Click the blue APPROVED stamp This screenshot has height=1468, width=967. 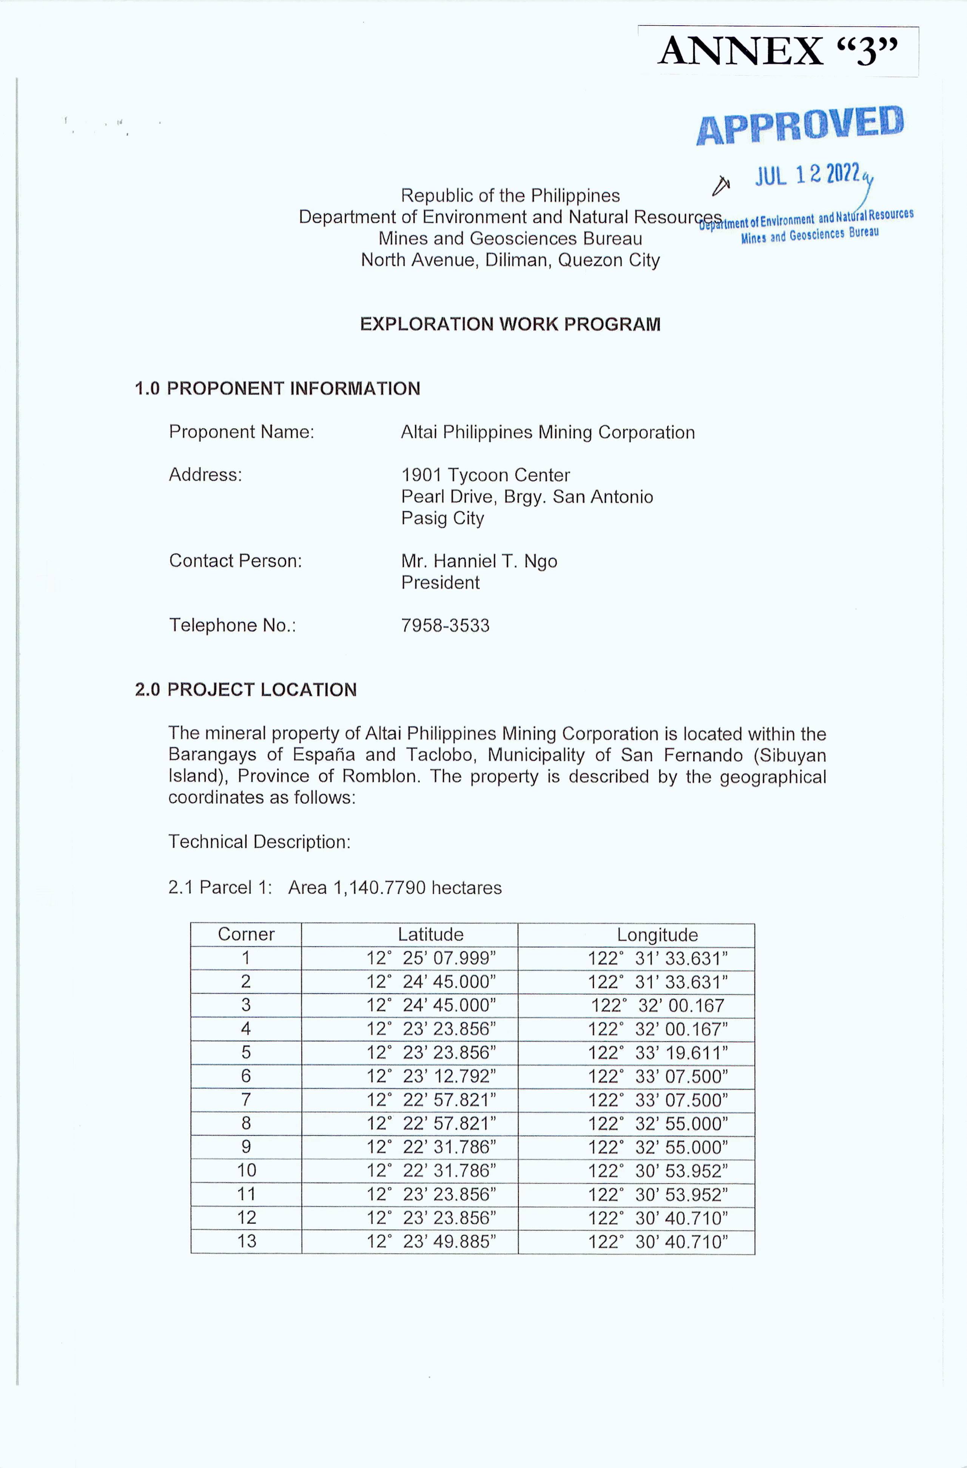(x=800, y=125)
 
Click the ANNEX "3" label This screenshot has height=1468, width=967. (x=778, y=51)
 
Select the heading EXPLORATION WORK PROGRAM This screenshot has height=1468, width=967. (x=510, y=324)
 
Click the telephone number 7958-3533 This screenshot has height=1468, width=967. (x=445, y=625)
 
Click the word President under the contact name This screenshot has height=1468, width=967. (x=440, y=582)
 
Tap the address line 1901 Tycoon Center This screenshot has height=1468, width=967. (x=485, y=475)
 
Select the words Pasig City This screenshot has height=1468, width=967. (x=442, y=518)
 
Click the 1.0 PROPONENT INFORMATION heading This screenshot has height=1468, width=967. (x=278, y=389)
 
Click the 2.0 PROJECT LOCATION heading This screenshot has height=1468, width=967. (x=245, y=690)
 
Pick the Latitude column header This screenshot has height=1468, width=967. (x=430, y=934)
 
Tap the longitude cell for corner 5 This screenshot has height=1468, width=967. (x=657, y=1053)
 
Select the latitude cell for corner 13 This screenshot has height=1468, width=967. (x=431, y=1242)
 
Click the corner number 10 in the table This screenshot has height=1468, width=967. (x=246, y=1171)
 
